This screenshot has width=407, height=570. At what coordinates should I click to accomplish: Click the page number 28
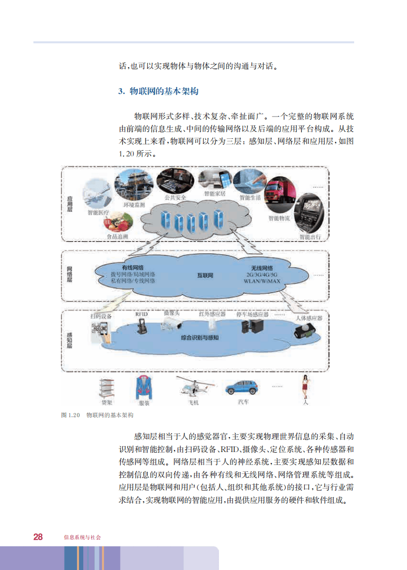(x=38, y=537)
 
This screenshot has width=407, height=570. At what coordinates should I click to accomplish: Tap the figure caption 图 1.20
(x=70, y=415)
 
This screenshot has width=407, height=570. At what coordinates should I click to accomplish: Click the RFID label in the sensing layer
(x=141, y=314)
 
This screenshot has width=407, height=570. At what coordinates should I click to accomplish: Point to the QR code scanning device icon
(x=100, y=330)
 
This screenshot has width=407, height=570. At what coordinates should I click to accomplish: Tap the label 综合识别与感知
(x=200, y=338)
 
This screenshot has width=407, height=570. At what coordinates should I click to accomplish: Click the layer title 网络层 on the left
(x=69, y=274)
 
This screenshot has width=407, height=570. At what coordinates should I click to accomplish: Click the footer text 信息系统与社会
(x=82, y=537)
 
